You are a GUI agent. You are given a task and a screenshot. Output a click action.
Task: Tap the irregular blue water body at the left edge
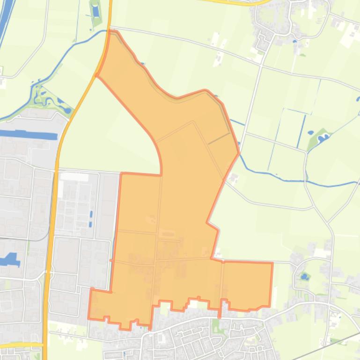pos(9,259)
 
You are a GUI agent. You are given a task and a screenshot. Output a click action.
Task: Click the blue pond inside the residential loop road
pos(305,277)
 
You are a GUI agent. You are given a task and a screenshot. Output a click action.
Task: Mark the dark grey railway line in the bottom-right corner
pos(328,346)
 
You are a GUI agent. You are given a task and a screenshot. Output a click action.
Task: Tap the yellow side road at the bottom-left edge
pos(19,345)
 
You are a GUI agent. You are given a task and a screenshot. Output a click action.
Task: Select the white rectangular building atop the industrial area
pos(74,177)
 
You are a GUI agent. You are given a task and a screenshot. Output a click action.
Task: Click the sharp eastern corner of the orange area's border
pos(239,152)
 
